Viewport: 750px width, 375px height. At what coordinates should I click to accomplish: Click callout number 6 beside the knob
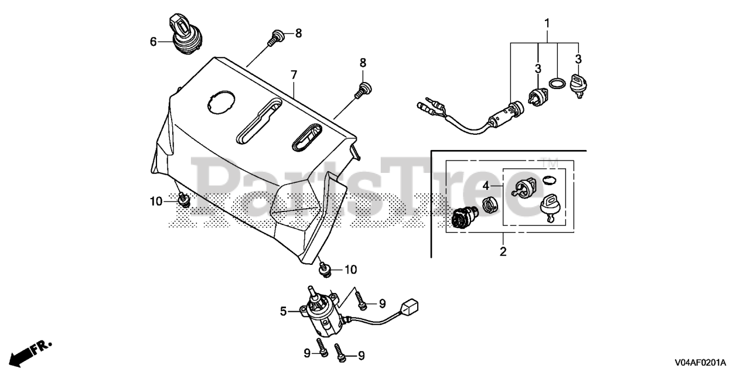click(x=154, y=42)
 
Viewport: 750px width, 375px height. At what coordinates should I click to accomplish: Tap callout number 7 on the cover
click(x=294, y=75)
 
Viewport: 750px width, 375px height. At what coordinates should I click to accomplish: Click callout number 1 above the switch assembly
click(x=547, y=24)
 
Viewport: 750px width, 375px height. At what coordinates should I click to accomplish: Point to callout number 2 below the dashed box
click(x=503, y=252)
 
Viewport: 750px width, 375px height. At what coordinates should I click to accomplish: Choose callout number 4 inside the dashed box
click(x=486, y=186)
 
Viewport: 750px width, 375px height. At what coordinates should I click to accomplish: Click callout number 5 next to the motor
click(x=284, y=312)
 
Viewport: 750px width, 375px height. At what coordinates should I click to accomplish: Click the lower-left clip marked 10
click(x=184, y=200)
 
